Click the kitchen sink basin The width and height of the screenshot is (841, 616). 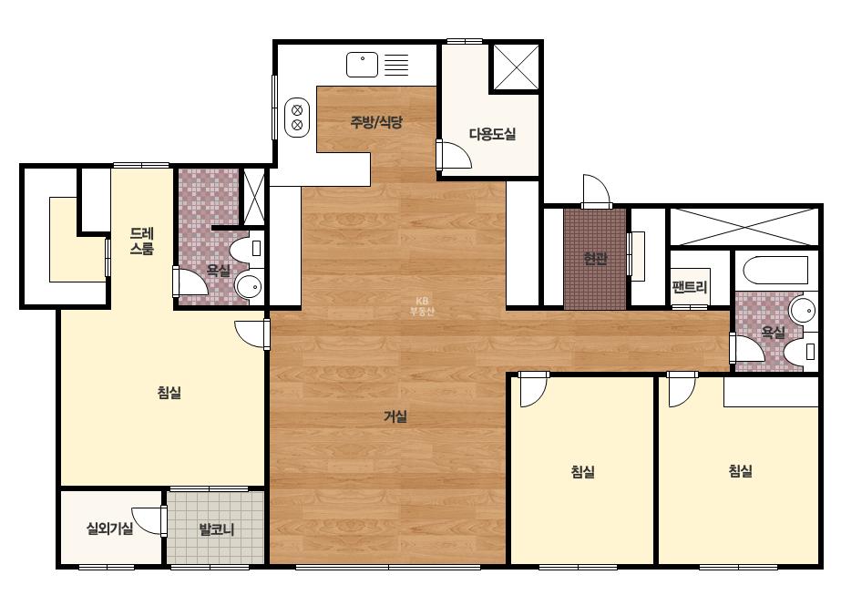362,65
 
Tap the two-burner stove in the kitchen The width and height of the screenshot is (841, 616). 297,118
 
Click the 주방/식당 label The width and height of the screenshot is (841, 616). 376,122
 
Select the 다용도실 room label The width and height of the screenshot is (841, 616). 492,134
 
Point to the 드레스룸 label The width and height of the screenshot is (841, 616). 142,241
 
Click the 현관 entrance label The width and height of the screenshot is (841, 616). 595,259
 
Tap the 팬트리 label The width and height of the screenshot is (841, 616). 690,287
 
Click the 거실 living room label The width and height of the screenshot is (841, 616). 395,416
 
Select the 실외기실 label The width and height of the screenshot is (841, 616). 110,529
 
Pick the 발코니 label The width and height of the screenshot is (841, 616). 217,529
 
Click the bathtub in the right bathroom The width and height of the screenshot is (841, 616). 775,271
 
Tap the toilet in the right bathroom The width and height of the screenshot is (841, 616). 800,351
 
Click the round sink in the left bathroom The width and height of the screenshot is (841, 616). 249,287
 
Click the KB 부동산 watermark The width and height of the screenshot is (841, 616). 422,306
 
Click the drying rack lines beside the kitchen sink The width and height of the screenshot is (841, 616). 396,65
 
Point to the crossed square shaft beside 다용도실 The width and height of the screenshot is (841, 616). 516,67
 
